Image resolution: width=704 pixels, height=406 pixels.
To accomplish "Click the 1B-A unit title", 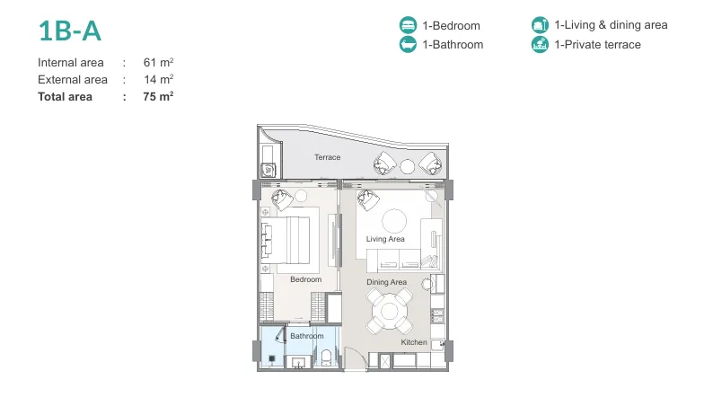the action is coord(70,31).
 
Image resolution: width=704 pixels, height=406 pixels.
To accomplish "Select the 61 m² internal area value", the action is coord(158,63).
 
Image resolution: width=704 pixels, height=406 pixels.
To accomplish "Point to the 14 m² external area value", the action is coord(158,79).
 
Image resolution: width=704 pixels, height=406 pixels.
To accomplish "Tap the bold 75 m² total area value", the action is coord(158,97).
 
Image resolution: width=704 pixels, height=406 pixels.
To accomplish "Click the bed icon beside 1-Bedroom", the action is coord(408,25).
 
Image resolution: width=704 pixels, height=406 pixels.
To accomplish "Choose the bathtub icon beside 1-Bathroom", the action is coord(408,45).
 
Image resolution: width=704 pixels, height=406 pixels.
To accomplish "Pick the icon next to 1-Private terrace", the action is coord(541,45).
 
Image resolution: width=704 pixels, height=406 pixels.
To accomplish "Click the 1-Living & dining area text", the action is coord(611,25).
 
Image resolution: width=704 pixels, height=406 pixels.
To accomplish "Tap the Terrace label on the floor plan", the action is coord(327,157).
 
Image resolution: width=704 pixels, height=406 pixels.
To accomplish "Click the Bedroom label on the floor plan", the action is coord(305,279).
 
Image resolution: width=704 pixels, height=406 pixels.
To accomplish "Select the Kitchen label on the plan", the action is coord(414,342).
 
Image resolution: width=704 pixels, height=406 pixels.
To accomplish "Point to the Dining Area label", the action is coord(386,282).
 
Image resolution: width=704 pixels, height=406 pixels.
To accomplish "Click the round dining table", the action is coord(390,311).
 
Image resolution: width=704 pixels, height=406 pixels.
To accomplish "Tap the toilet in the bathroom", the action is coord(327,357).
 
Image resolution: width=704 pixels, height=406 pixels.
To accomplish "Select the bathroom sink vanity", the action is coord(298,362).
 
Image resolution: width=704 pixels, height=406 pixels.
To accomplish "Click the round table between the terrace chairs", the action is coord(408,167).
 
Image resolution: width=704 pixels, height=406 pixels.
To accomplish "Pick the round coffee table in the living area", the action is coord(394,221).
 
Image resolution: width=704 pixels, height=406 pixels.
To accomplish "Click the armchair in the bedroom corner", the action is coord(282,199).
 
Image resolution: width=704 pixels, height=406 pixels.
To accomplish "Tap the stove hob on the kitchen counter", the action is coord(437,316).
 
